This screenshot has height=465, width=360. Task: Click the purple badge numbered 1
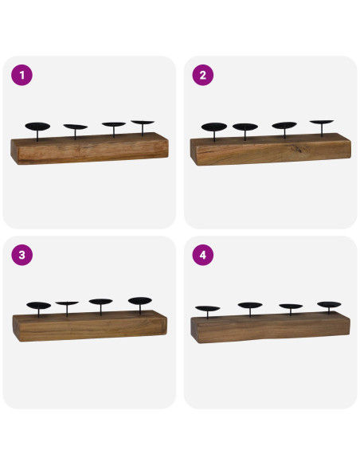pyautogui.click(x=22, y=76)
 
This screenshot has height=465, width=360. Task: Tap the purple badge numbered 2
pyautogui.click(x=203, y=76)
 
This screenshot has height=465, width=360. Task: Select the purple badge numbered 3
pyautogui.click(x=22, y=255)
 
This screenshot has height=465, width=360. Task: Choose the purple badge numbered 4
pyautogui.click(x=203, y=255)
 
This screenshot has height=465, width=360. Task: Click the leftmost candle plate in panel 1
pyautogui.click(x=37, y=126)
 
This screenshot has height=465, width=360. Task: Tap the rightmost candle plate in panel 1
pyautogui.click(x=143, y=123)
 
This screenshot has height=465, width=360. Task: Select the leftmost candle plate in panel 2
pyautogui.click(x=213, y=127)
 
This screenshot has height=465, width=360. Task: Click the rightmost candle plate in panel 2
pyautogui.click(x=322, y=123)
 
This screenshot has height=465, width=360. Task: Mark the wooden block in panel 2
pyautogui.click(x=270, y=149)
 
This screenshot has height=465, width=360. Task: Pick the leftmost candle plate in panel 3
pyautogui.click(x=38, y=305)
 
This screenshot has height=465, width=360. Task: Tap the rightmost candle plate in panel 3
pyautogui.click(x=140, y=301)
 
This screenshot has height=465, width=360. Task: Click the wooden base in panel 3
pyautogui.click(x=89, y=326)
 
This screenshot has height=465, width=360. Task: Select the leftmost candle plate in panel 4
pyautogui.click(x=208, y=307)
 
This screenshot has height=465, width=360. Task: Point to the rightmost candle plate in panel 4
pyautogui.click(x=329, y=304)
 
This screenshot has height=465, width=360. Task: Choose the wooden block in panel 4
pyautogui.click(x=270, y=327)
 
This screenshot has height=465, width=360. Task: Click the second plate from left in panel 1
pyautogui.click(x=76, y=127)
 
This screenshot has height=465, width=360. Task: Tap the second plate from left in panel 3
pyautogui.click(x=67, y=303)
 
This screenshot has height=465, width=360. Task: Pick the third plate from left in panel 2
pyautogui.click(x=284, y=126)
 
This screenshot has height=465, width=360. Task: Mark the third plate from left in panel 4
pyautogui.click(x=291, y=307)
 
